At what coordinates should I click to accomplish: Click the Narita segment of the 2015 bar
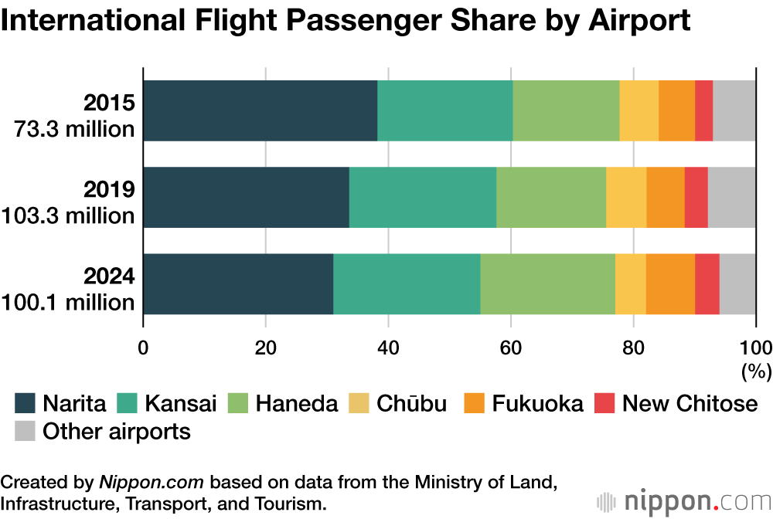click(260, 110)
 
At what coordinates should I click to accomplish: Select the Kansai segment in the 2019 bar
click(422, 197)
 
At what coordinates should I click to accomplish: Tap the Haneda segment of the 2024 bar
click(547, 283)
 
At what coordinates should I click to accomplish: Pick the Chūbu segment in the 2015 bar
click(638, 110)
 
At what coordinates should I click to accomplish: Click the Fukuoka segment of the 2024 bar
click(670, 283)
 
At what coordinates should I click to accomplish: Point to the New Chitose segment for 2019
click(696, 197)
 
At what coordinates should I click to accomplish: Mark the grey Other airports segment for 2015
click(734, 110)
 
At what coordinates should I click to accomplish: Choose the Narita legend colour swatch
click(26, 403)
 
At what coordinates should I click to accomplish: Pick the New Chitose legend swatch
click(604, 403)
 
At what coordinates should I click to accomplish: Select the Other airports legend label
click(116, 431)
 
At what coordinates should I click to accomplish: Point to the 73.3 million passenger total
click(75, 129)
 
